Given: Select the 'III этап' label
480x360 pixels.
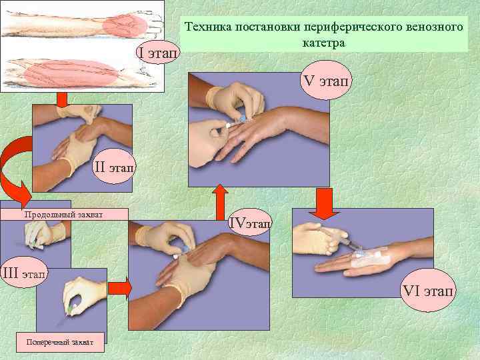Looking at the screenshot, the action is pos(24,272).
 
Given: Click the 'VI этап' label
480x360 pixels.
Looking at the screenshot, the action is pos(429,291).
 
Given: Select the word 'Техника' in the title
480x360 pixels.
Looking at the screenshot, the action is pos(209,27).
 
